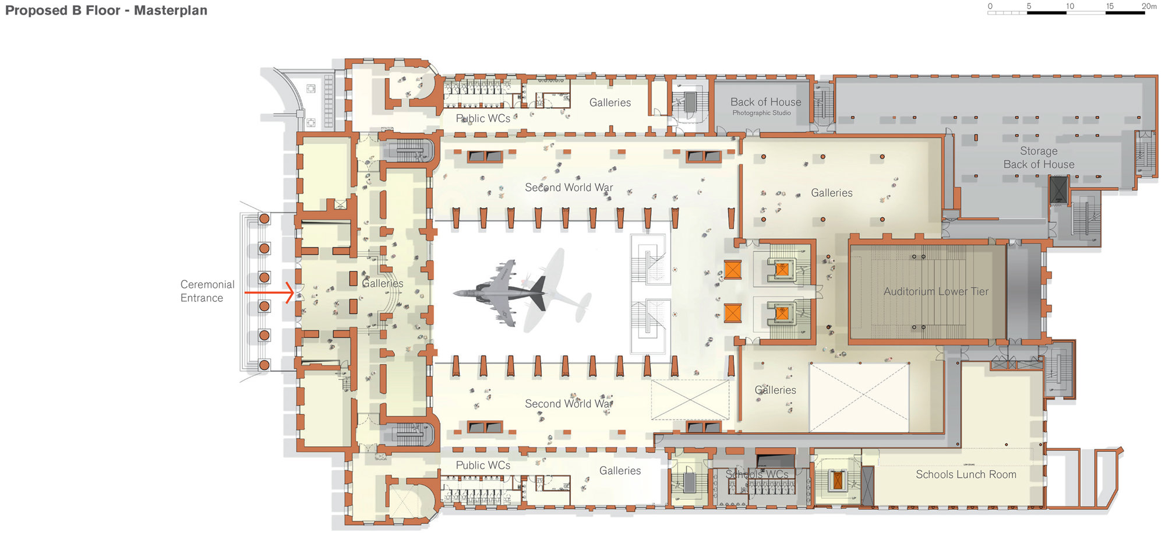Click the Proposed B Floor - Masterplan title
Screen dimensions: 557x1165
coord(106,10)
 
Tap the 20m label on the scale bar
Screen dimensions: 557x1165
coord(1149,6)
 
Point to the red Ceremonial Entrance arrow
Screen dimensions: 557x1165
coord(269,292)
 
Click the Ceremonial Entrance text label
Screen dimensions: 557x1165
coord(207,291)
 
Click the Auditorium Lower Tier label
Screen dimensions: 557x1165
coord(935,291)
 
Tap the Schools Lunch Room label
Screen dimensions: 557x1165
coord(966,474)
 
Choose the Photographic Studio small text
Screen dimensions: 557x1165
coord(761,113)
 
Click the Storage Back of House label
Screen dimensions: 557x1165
coord(1039,158)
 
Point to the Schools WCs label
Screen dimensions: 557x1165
coord(757,474)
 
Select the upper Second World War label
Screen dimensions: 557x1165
coord(569,188)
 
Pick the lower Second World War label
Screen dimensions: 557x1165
coord(569,404)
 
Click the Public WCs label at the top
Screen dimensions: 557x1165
coord(483,118)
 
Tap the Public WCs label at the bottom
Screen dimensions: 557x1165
coord(483,465)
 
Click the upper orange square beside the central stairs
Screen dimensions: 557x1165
coord(733,270)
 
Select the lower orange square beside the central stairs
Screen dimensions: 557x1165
coord(733,313)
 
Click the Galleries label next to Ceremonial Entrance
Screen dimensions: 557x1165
coord(383,284)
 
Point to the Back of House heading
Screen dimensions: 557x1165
coord(765,102)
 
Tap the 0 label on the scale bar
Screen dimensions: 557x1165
coord(990,6)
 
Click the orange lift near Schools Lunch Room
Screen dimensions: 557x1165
coord(838,480)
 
